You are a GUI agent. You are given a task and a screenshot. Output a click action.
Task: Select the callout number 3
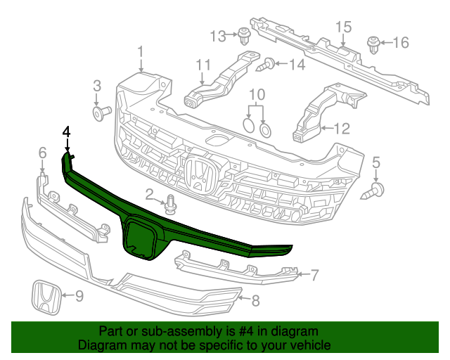pyautogui.click(x=97, y=86)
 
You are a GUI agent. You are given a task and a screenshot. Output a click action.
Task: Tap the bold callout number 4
pyautogui.click(x=67, y=131)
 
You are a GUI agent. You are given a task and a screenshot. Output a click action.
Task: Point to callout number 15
pyautogui.click(x=342, y=27)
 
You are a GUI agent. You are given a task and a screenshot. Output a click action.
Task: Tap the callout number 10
pyautogui.click(x=257, y=94)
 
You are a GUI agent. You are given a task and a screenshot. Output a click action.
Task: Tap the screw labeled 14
pyautogui.click(x=267, y=65)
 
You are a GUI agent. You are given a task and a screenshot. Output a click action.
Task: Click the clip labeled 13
pyautogui.click(x=244, y=34)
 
